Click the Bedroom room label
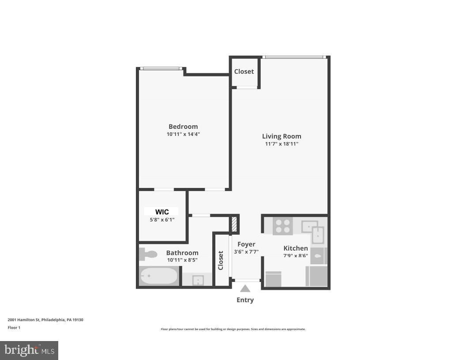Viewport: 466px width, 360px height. (183, 127)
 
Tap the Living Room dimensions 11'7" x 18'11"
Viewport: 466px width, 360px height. (282, 144)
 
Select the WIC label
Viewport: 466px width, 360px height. (162, 212)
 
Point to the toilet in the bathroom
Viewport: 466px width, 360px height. (148, 254)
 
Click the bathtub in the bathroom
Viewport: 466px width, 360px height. (159, 276)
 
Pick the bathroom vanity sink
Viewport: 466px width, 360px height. (198, 280)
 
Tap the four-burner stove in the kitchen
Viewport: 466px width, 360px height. (282, 226)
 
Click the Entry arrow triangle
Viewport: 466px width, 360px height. (245, 289)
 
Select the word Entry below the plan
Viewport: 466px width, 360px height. (245, 300)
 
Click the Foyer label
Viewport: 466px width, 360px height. (246, 244)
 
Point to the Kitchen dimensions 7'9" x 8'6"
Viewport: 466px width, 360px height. (296, 255)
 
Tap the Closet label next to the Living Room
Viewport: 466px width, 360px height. (244, 71)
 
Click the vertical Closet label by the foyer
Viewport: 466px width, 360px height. (221, 260)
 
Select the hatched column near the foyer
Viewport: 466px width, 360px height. (234, 224)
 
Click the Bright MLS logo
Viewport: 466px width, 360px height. (29, 350)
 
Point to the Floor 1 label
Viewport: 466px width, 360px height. (14, 328)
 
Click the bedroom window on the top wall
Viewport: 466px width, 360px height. (162, 68)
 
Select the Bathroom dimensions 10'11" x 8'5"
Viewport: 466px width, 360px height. (182, 260)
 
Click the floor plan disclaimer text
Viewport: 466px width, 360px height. (233, 329)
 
